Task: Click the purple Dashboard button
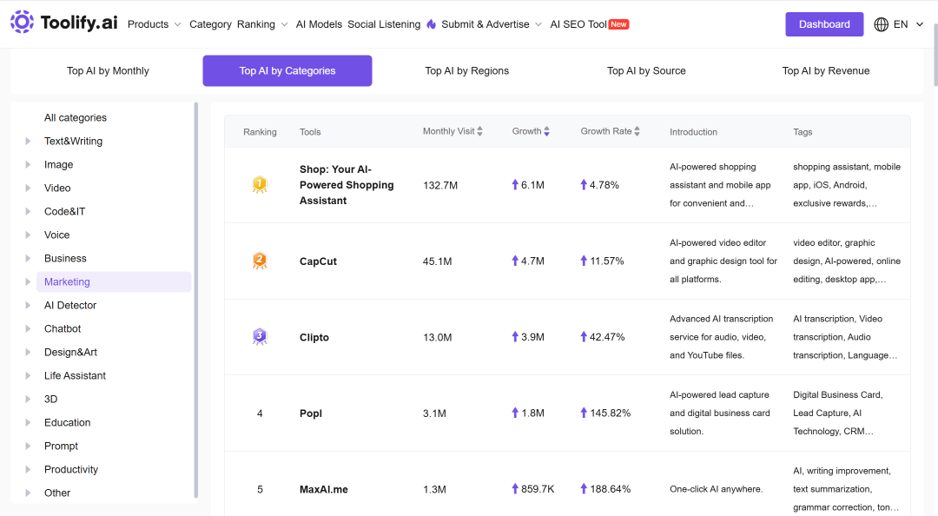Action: [x=823, y=24]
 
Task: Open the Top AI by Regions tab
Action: [x=466, y=70]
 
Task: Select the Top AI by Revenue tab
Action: [x=826, y=70]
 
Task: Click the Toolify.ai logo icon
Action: [x=22, y=22]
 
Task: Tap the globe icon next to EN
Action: [x=881, y=24]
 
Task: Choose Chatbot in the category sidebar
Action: [x=63, y=328]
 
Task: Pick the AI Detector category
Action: [x=70, y=305]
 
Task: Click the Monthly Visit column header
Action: [x=448, y=131]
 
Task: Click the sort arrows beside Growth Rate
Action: [x=637, y=131]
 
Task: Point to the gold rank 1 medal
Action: [x=260, y=184]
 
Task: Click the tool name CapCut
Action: [x=318, y=261]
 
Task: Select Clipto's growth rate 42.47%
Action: [x=606, y=337]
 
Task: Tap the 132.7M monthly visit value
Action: [x=440, y=185]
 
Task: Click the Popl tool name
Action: [x=310, y=413]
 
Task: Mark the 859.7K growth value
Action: [x=538, y=489]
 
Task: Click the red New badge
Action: [x=618, y=24]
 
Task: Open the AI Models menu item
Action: [x=319, y=24]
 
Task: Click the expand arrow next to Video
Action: [x=28, y=188]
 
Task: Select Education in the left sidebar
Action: [x=67, y=423]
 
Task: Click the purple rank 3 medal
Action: [x=260, y=336]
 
